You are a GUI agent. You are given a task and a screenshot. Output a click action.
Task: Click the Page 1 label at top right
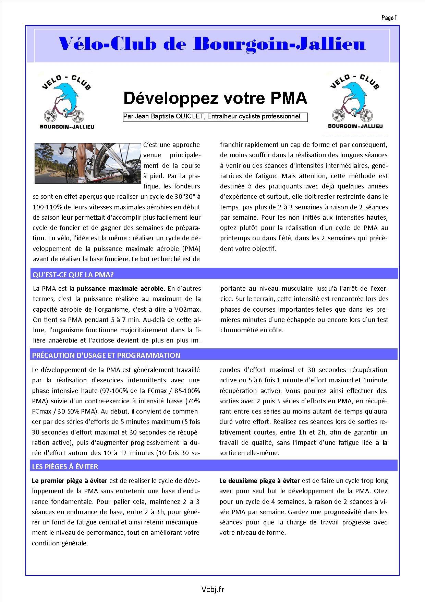coord(389,18)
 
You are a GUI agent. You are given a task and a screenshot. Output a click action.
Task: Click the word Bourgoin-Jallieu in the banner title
coord(279,44)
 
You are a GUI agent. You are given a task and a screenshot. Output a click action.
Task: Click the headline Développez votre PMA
coord(215,99)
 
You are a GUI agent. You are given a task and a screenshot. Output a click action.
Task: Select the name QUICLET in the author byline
coord(189,117)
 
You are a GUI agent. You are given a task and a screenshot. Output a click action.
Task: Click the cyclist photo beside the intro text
coord(88,163)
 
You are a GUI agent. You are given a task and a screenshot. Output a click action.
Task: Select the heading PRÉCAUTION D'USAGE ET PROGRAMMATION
coord(106,356)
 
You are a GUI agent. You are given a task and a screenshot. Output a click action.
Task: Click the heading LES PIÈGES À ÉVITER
coord(65,466)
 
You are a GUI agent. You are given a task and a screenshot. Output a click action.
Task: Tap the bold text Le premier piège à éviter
coord(69,481)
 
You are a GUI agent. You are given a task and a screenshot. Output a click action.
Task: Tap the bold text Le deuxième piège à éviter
coord(259,481)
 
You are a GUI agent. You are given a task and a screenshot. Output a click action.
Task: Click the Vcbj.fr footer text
coord(213,590)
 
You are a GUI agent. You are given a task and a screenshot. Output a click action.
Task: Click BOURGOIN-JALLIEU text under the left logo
coord(67,127)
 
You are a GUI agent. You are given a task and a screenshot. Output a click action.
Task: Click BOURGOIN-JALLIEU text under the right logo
coord(355,126)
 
